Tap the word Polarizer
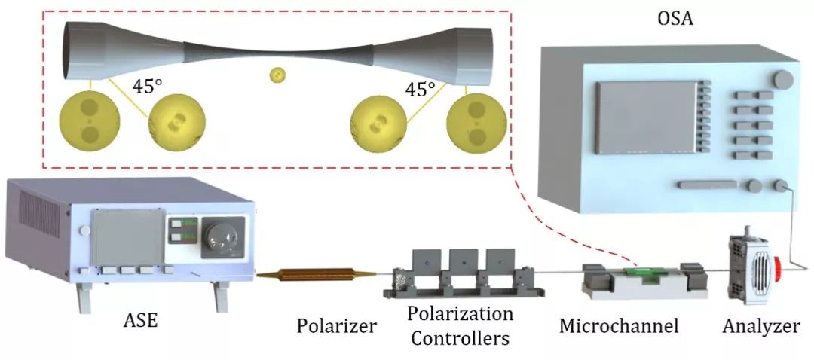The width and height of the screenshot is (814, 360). coord(336,326)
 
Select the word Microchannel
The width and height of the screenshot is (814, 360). coord(619,326)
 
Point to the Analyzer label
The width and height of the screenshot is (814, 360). coord(760,326)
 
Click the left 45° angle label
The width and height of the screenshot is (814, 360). coord(148,86)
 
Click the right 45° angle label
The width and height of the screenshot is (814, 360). coord(421,90)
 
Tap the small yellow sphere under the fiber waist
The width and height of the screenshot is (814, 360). coord(278,75)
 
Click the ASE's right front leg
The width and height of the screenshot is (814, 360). coord(221,296)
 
